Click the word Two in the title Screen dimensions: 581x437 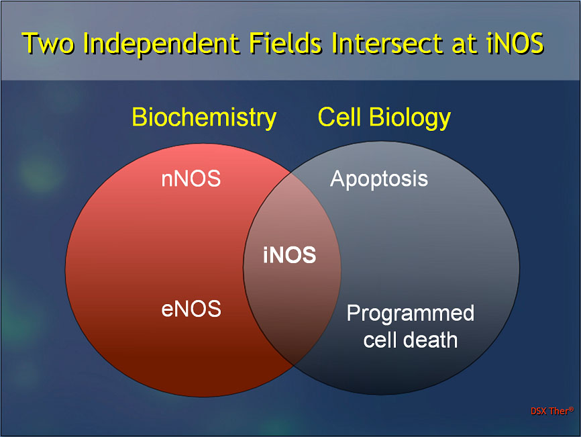point(48,43)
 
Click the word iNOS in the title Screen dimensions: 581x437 point(515,43)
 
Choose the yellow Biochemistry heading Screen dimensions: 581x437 point(204,118)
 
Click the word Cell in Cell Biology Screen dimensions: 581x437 point(339,117)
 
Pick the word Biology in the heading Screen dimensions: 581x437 point(410,118)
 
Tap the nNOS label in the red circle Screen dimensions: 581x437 point(191,179)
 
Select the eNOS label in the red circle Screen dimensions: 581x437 point(191,309)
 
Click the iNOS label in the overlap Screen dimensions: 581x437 point(289,255)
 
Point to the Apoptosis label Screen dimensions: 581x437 point(378,179)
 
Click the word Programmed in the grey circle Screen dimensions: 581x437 point(411,314)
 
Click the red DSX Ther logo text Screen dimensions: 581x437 point(552,411)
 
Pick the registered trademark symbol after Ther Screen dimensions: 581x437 point(572,409)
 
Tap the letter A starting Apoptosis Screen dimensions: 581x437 point(338,179)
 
